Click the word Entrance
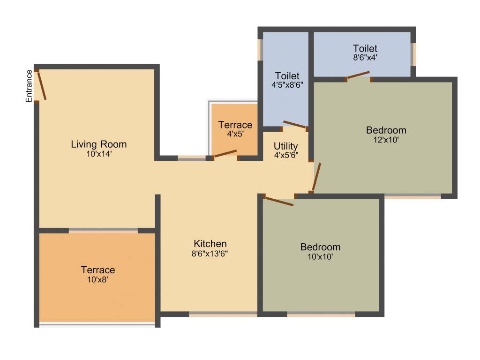[29, 86]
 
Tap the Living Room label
[99, 144]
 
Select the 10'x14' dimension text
[99, 153]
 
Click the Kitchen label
[210, 244]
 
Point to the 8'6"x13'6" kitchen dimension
[210, 254]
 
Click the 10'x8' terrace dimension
[97, 280]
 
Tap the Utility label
[286, 146]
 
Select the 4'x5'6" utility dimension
[286, 155]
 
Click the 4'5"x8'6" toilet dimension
[287, 85]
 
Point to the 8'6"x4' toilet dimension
[365, 58]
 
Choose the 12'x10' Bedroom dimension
[386, 140]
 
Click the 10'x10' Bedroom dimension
[321, 257]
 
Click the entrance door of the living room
[42, 85]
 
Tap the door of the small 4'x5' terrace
[225, 153]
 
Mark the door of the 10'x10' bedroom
[279, 201]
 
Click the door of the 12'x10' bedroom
[317, 178]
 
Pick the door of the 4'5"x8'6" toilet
[295, 124]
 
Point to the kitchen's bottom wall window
[223, 314]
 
